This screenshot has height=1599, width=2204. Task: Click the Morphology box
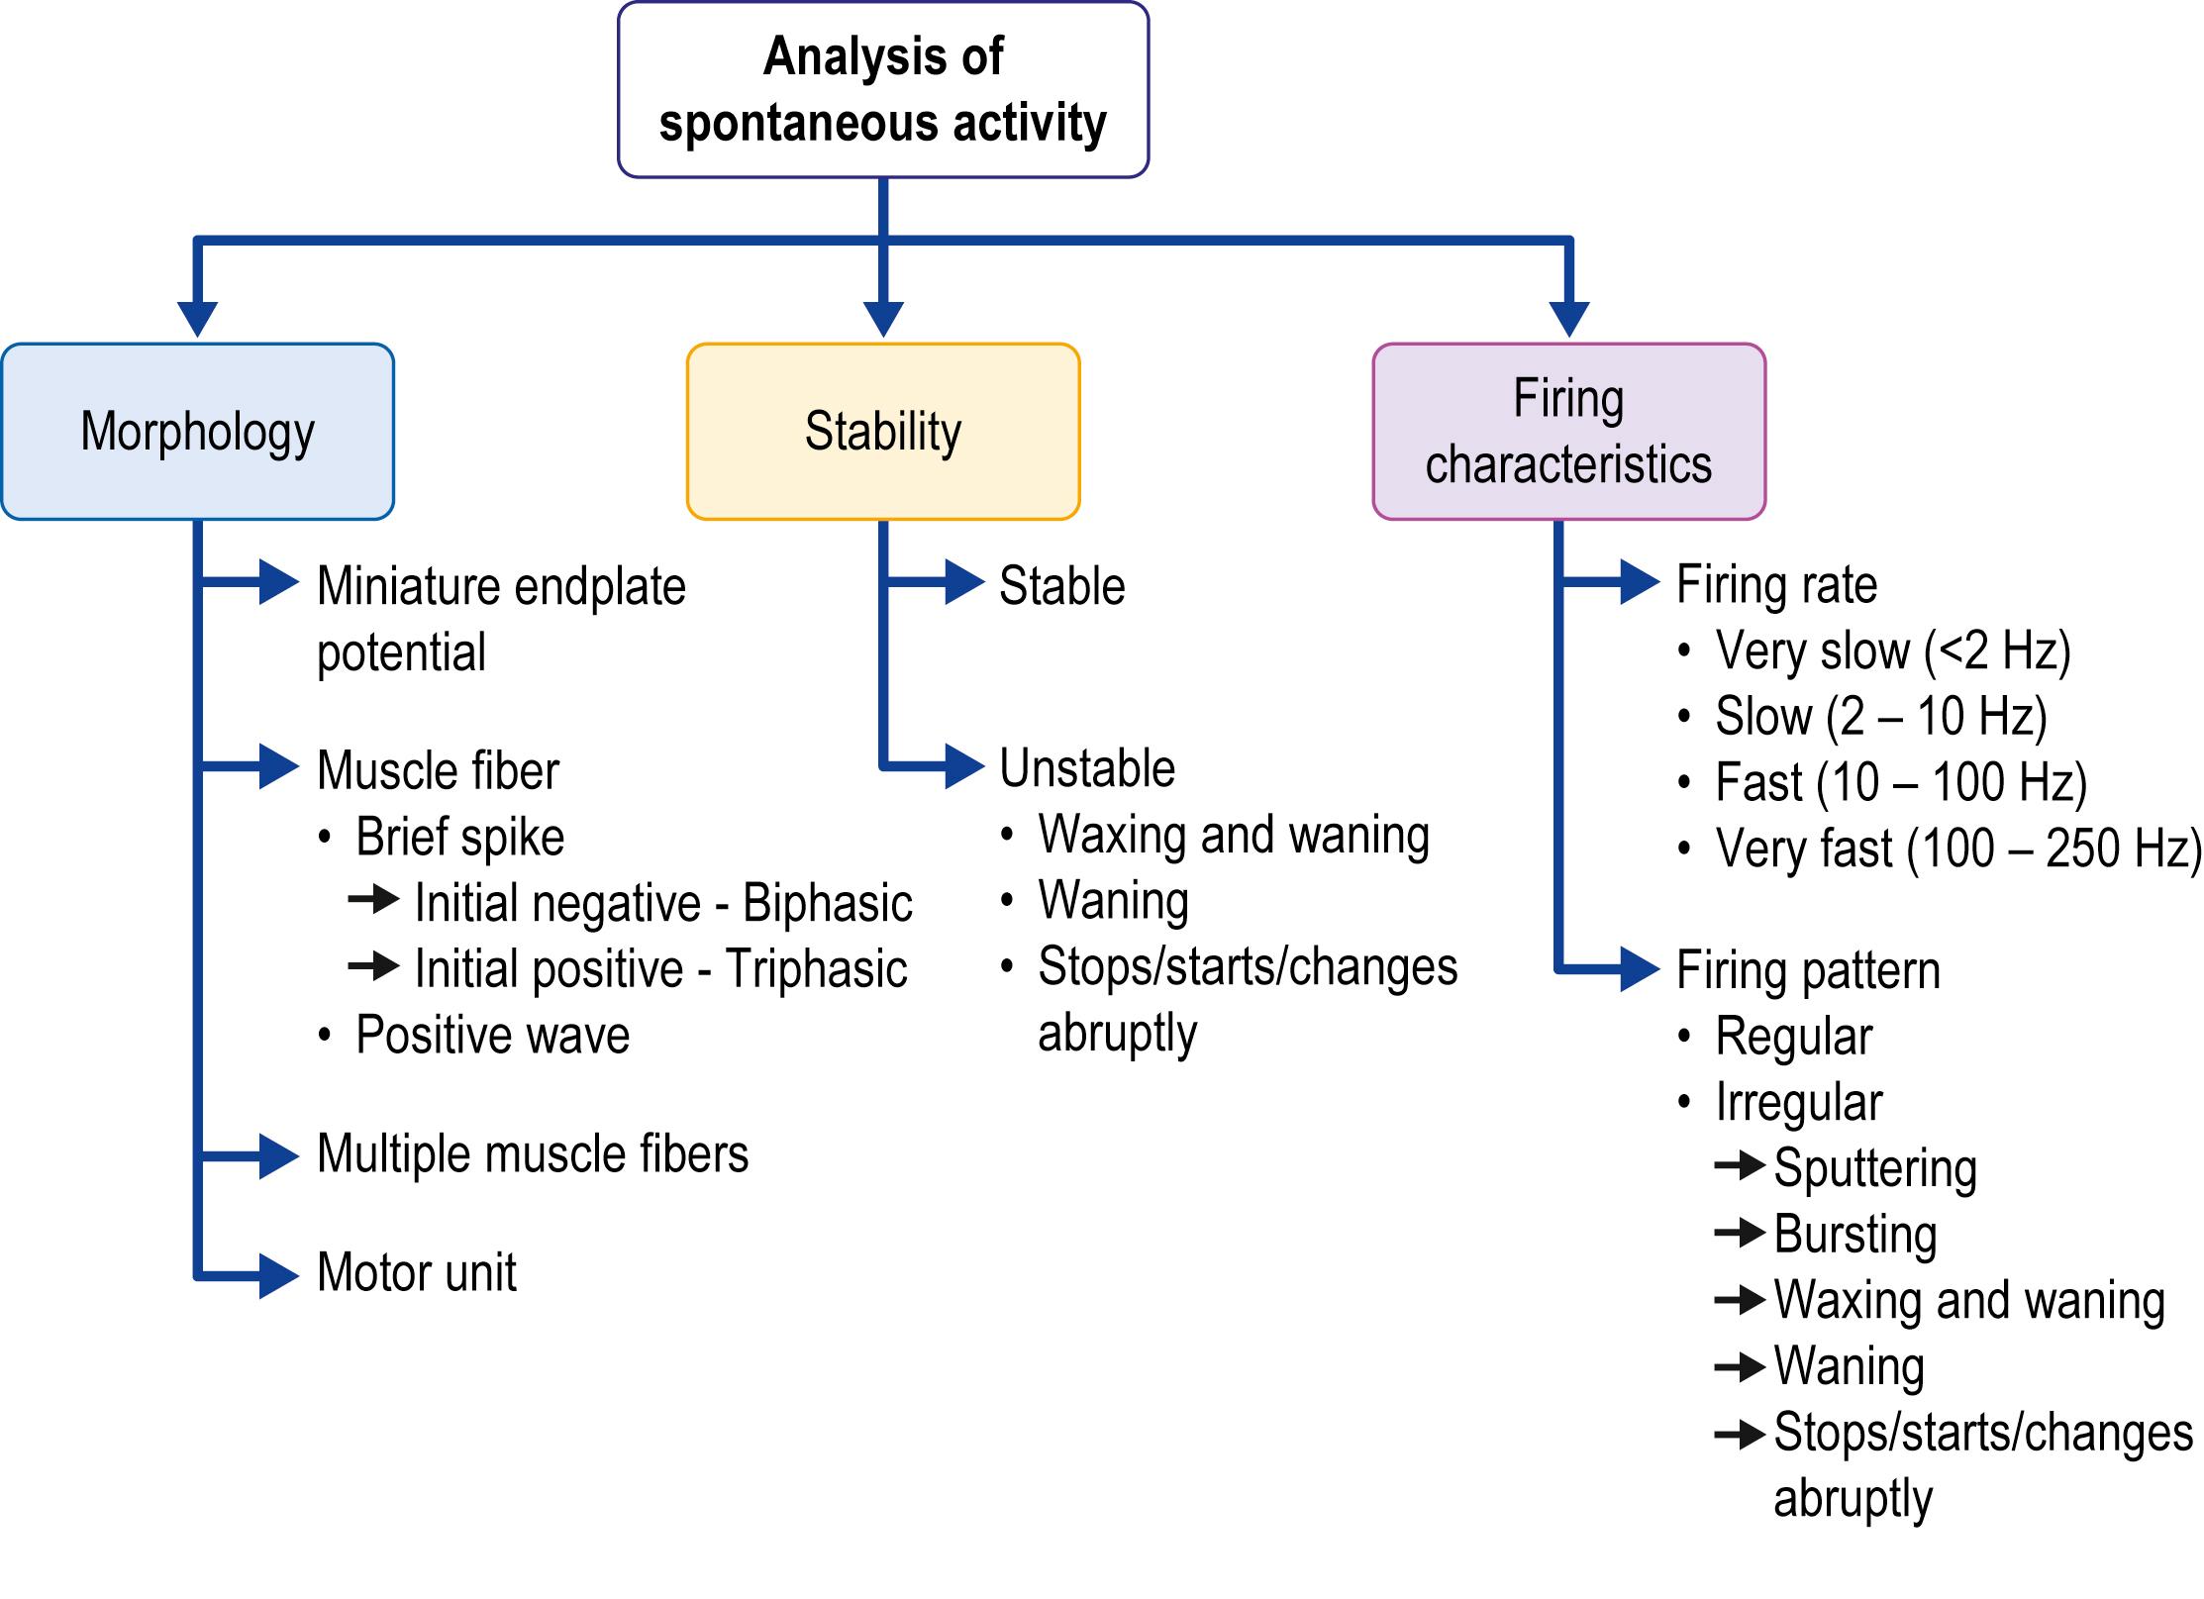tap(197, 432)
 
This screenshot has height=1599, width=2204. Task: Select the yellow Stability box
tap(882, 432)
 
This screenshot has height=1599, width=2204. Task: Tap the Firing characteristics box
tap(1568, 432)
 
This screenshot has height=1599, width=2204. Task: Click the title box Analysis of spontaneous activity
tap(882, 89)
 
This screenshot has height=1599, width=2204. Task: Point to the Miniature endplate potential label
tap(500, 618)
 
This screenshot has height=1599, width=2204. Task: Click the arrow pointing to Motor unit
tap(275, 1275)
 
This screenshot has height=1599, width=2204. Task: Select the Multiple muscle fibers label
tap(532, 1154)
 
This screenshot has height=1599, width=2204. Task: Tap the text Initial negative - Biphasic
tap(662, 903)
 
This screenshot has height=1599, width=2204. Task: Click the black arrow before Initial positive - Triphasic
tap(373, 965)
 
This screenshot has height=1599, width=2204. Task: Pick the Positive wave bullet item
tap(492, 1036)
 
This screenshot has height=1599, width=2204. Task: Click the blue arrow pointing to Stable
tap(960, 582)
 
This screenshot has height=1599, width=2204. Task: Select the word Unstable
tap(1086, 768)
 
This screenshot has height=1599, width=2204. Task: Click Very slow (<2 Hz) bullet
tap(1892, 650)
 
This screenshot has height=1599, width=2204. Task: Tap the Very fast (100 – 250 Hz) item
tap(1957, 849)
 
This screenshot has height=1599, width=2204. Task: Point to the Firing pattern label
tap(1807, 970)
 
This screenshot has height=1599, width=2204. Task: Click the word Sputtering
tap(1874, 1168)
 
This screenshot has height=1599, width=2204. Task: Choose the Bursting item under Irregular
tap(1854, 1235)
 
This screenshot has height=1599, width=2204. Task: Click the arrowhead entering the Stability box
tap(882, 319)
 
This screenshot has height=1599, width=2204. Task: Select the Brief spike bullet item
tap(459, 837)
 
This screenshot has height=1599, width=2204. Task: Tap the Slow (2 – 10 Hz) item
tap(1880, 716)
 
